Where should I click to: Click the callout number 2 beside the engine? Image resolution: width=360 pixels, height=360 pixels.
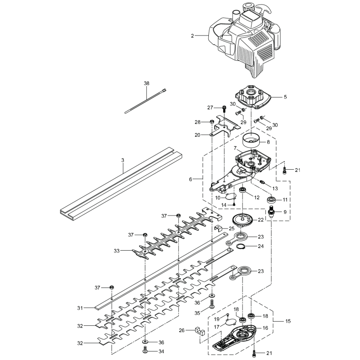click(192, 35)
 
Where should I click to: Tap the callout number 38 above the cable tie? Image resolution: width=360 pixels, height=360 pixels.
click(146, 83)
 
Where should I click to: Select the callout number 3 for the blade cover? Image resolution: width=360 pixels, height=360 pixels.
click(123, 160)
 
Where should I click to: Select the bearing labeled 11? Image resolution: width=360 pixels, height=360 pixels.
click(273, 199)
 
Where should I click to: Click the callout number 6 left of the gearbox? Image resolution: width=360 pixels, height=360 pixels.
click(191, 179)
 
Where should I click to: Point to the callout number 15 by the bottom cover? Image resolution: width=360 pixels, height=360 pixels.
click(288, 321)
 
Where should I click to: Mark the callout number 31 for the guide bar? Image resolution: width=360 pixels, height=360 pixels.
click(80, 308)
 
